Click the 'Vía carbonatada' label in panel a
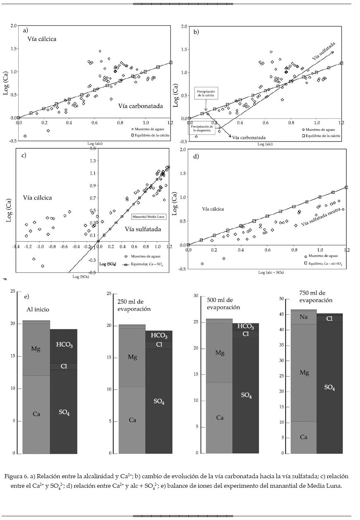tap(140, 106)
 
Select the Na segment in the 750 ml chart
tap(304, 317)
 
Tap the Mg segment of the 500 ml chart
tap(220, 353)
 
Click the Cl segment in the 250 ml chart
tap(159, 344)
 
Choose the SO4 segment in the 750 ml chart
tap(329, 387)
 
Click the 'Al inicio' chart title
tap(38, 309)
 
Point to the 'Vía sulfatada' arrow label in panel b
tap(323, 52)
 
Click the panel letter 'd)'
tap(196, 156)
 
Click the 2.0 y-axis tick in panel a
tap(14, 26)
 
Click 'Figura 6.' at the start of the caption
tap(19, 476)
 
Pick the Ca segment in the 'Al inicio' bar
tap(36, 414)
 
